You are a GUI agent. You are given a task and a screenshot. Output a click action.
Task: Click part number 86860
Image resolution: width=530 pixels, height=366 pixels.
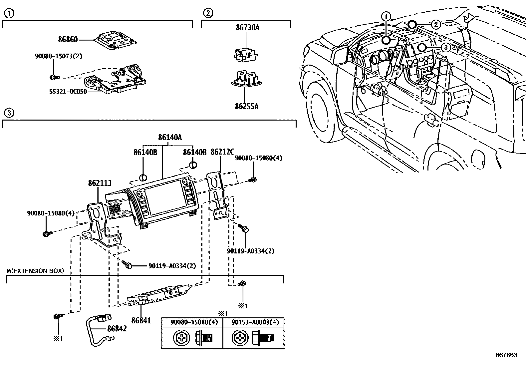pos(68,40)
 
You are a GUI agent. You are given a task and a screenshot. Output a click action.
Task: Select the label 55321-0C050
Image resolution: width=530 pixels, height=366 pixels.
pos(68,91)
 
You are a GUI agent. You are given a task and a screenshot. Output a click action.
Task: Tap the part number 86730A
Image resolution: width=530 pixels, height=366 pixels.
pos(247,28)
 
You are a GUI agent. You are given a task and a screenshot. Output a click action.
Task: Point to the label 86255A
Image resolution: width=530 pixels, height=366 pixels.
pos(247,107)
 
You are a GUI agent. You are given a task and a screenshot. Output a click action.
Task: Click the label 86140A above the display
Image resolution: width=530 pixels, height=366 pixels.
pos(170,137)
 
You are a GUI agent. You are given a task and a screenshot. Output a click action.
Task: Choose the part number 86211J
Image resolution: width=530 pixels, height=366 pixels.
pos(100,183)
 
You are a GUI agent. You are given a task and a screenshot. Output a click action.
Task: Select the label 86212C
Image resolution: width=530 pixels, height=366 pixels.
pos(222,152)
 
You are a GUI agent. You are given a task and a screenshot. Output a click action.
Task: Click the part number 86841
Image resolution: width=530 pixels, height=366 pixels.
pos(141,321)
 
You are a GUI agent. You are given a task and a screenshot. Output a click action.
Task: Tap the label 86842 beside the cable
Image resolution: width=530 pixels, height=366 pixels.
pos(117,329)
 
